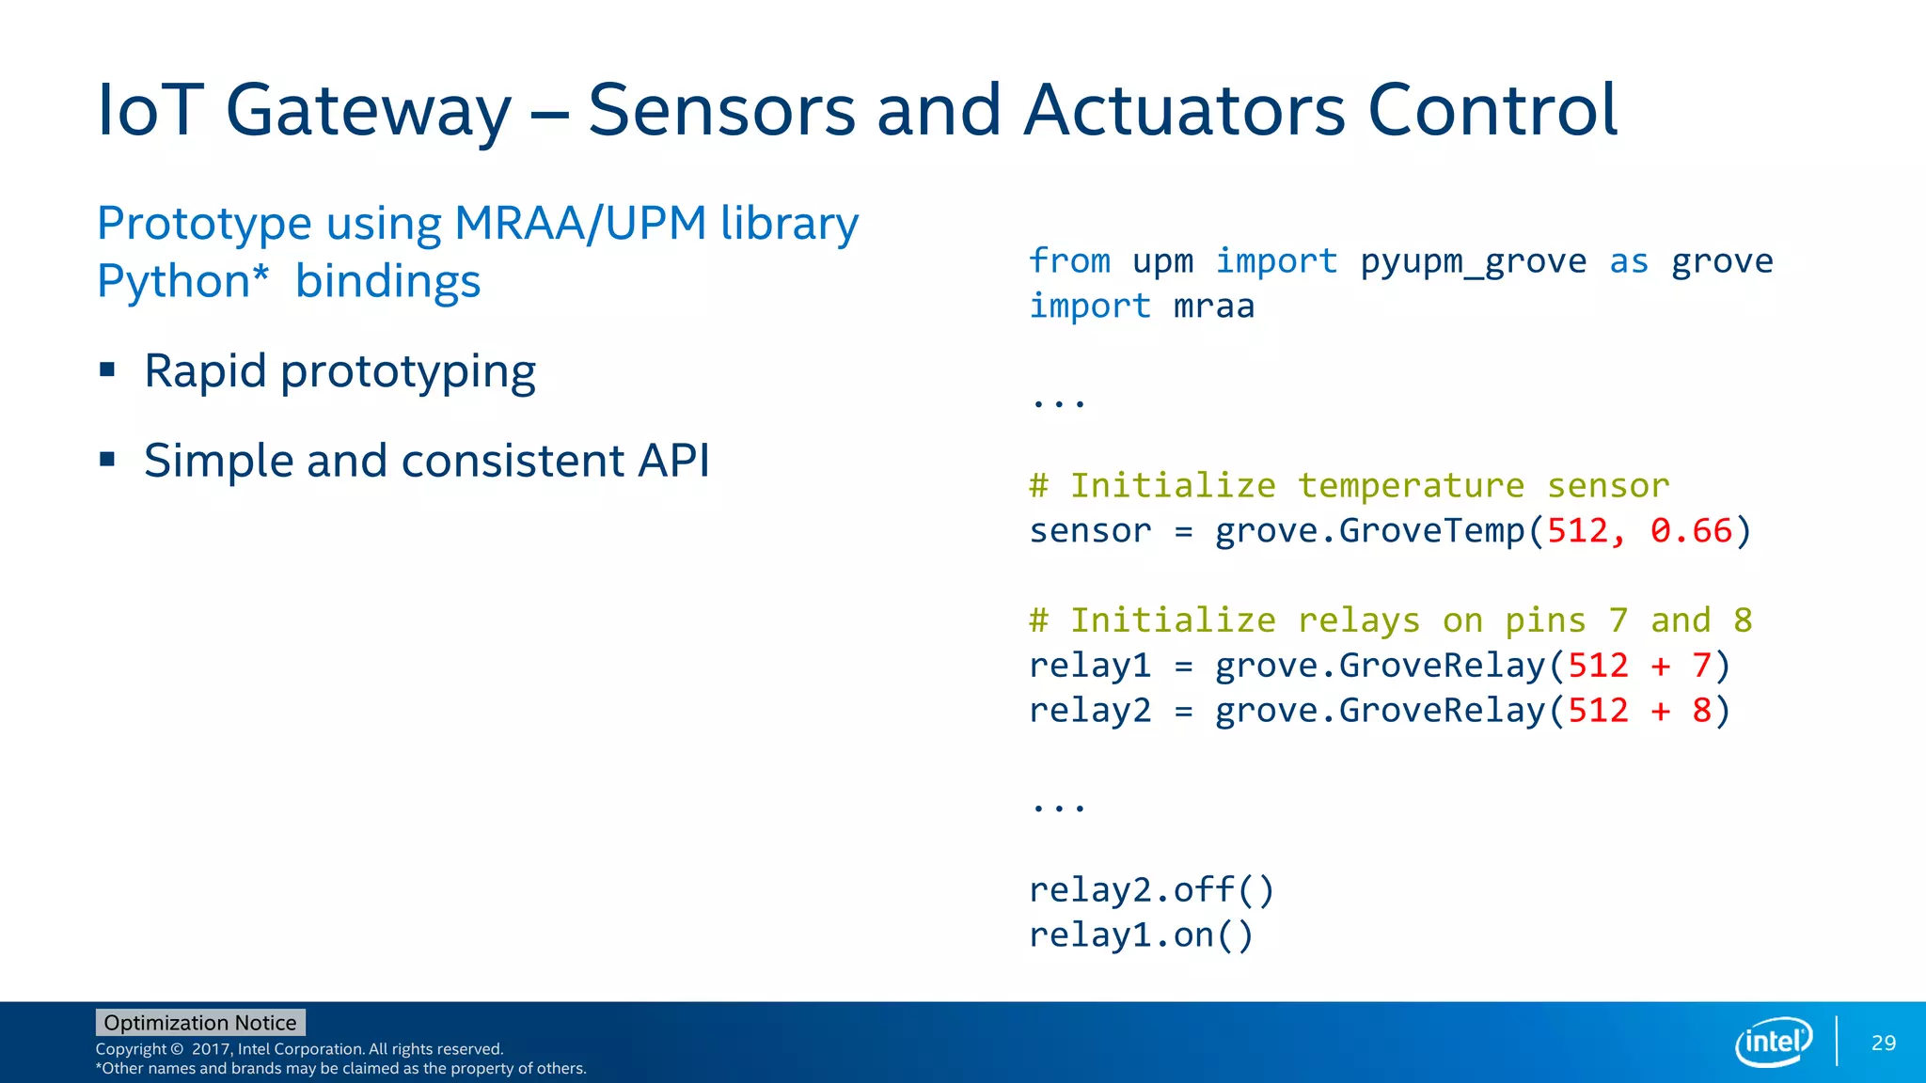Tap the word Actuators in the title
tap(1185, 111)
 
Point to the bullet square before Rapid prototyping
tap(107, 369)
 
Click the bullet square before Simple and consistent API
tap(107, 460)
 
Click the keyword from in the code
tap(1069, 260)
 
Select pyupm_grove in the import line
tap(1473, 260)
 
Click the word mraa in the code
tap(1213, 306)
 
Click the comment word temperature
tap(1411, 485)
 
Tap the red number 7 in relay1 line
tap(1701, 666)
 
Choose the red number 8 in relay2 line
tap(1701, 711)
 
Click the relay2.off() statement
tap(1151, 889)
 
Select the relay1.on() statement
tap(1141, 934)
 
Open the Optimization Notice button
tap(200, 1022)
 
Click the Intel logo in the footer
tap(1773, 1042)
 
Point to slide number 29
tap(1883, 1043)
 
